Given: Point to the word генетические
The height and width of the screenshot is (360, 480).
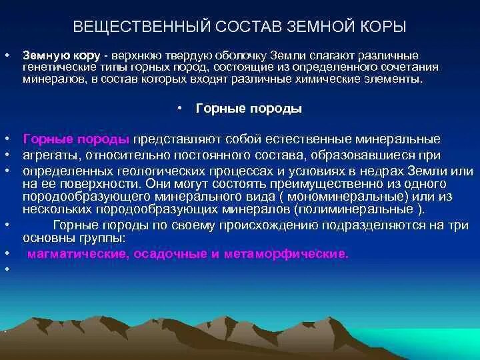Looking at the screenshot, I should point(54,67).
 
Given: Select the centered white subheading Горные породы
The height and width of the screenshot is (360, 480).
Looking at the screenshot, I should point(249,109).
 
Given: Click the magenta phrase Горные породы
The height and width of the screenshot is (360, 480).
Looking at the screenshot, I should point(76,139).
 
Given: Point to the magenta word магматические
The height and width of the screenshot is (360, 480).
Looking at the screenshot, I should point(68,255).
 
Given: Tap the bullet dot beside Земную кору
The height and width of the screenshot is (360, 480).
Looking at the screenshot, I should point(6,55).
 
